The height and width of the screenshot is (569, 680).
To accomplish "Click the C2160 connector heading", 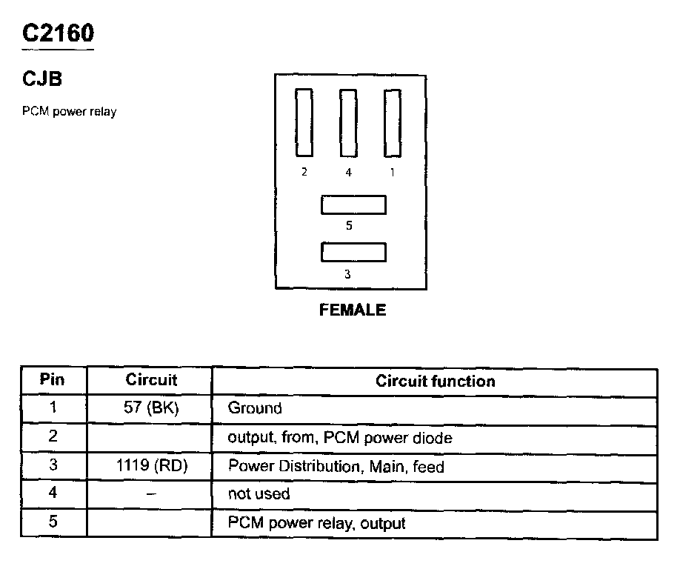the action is (58, 33).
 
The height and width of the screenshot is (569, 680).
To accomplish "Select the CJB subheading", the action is (41, 79).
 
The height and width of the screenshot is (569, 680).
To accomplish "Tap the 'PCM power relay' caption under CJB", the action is (69, 112).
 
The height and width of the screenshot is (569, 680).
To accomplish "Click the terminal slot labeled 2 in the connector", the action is (304, 123).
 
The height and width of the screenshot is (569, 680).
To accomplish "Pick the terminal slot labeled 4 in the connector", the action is (348, 123).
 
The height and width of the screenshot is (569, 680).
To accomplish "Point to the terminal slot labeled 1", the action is (392, 123).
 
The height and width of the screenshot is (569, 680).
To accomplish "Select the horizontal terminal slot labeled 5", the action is (353, 205).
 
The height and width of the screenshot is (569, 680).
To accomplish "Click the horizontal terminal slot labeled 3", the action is (353, 252).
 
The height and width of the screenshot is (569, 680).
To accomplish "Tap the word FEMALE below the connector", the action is (353, 310).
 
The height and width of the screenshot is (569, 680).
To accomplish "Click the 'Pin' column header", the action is (53, 380).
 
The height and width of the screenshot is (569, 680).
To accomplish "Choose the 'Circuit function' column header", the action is (435, 381).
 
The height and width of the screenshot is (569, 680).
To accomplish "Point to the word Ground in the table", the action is (255, 408).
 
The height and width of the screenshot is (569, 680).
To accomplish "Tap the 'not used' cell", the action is (259, 493).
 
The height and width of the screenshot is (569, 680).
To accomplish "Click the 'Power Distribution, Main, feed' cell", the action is (336, 467).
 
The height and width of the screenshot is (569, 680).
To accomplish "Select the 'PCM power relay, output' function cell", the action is (316, 523).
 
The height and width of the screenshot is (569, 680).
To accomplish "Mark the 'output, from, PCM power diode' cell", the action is (339, 437).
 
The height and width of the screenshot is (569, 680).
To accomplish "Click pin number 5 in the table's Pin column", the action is (53, 522).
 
